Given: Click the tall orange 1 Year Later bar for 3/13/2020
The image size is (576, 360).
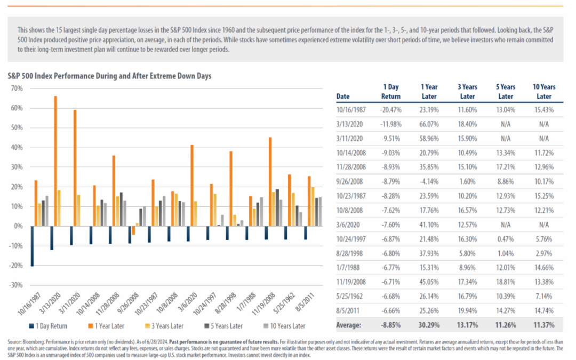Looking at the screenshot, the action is [x=55, y=161].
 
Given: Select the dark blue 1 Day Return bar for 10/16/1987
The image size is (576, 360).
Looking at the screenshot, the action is [x=33, y=246].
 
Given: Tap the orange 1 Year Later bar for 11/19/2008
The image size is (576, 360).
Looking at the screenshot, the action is [x=270, y=182].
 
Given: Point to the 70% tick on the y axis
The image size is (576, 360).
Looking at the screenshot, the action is [x=17, y=89].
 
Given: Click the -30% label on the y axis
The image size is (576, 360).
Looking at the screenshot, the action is [x=16, y=285].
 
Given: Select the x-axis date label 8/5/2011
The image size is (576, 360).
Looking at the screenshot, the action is [x=305, y=302].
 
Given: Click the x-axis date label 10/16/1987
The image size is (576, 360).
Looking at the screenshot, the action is [x=29, y=304].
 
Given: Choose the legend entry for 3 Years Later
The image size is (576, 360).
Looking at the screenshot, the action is [x=164, y=326].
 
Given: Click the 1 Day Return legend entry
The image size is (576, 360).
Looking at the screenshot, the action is [x=48, y=326].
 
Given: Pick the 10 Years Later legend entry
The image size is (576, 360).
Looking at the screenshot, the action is [x=284, y=326].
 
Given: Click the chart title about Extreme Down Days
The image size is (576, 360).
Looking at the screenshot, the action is [x=109, y=76].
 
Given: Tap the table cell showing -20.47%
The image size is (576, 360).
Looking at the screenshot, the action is [x=391, y=110].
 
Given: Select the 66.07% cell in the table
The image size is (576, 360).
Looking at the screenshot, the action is [x=429, y=124].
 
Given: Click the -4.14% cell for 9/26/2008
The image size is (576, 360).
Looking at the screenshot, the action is [x=429, y=181].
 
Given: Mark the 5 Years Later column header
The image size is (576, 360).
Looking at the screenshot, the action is [x=506, y=92].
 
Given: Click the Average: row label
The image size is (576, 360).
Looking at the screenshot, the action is [x=349, y=325].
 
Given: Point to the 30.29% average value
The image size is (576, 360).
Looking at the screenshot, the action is [x=429, y=325].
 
